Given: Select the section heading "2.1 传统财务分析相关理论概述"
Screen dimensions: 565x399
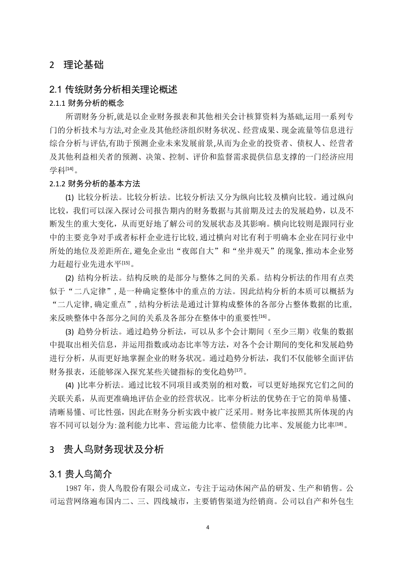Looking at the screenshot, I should [x=113, y=90].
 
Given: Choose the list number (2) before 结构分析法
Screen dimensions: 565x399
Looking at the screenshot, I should [x=70, y=277].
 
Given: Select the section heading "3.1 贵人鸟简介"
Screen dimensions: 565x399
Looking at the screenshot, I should [x=81, y=474].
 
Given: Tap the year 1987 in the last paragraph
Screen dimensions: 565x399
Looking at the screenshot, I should [x=73, y=489].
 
